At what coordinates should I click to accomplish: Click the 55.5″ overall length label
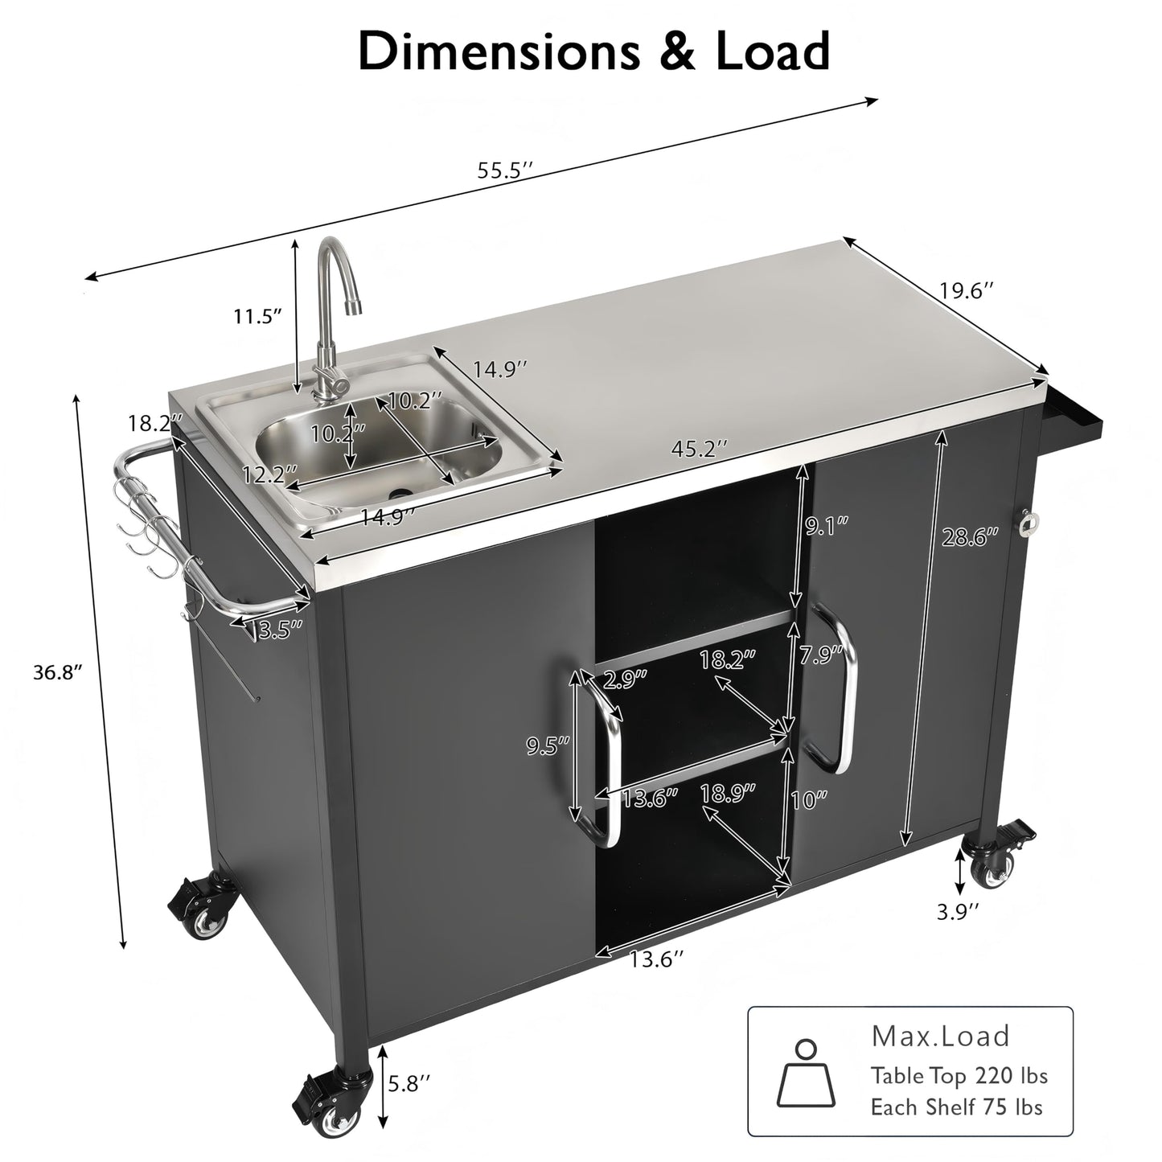tap(505, 170)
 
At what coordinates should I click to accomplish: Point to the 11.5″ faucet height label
tap(257, 316)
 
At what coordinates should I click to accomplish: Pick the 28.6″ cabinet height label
tap(970, 536)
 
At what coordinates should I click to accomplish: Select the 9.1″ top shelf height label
tap(826, 527)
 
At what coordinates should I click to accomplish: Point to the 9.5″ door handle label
tap(548, 745)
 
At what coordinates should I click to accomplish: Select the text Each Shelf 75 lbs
tap(956, 1107)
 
